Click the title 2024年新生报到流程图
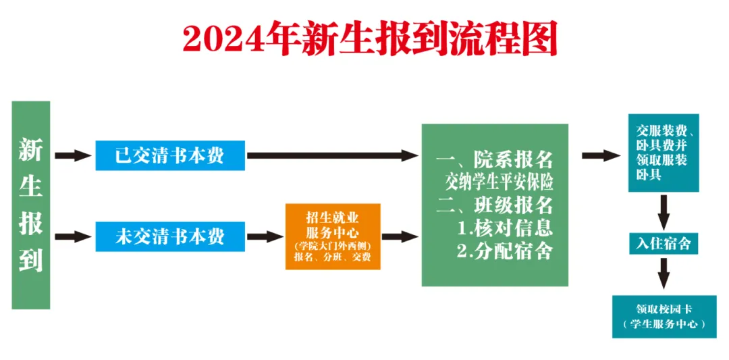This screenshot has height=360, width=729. pos(370,38)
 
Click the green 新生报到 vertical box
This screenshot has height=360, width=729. pos(30,205)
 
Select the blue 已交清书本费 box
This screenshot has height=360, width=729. pos(170,155)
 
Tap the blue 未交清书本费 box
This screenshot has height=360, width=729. pos(170,237)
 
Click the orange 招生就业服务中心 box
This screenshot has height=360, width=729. pos(333,237)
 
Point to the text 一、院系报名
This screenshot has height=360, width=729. pos(494,161)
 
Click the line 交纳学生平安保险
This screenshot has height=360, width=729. pos(499,183)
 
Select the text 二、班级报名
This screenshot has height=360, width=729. pos(494,205)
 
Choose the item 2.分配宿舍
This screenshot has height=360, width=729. pos(504,251)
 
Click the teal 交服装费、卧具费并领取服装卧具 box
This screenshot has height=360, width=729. pos(664,153)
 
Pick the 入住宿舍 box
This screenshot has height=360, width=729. pos(664,242)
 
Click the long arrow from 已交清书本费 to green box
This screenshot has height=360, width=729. pos(332,155)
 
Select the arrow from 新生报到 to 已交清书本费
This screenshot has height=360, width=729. pos(73,155)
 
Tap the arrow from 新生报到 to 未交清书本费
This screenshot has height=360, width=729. pos(73,237)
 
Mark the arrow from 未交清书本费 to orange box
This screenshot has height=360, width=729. pos(265,237)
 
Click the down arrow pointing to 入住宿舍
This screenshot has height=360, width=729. pos(664,211)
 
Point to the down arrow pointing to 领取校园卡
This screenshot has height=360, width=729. pos(664,274)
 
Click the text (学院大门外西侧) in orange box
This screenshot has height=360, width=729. pos(333,245)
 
